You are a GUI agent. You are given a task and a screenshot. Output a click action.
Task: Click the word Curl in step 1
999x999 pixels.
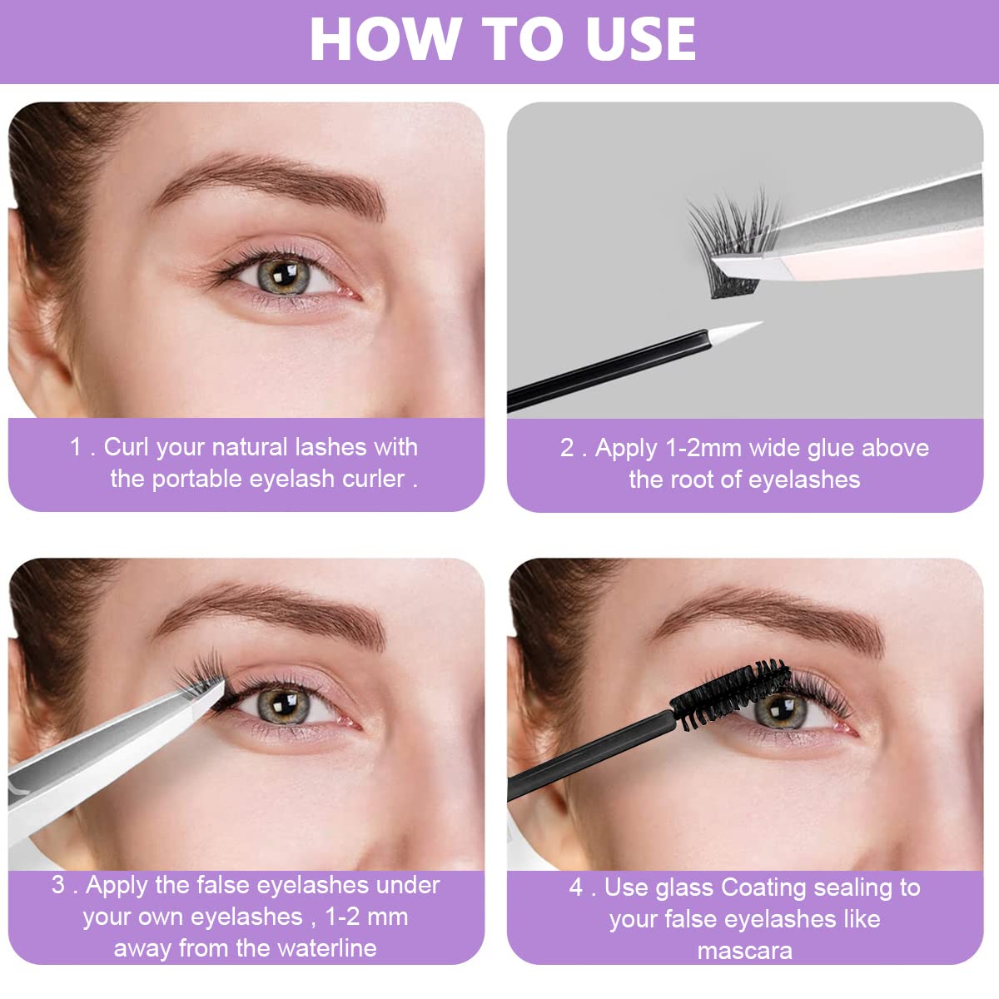click(x=126, y=447)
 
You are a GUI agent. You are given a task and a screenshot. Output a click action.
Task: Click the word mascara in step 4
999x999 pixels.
click(x=744, y=950)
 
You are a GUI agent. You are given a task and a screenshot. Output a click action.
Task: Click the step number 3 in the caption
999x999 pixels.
click(x=58, y=884)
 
